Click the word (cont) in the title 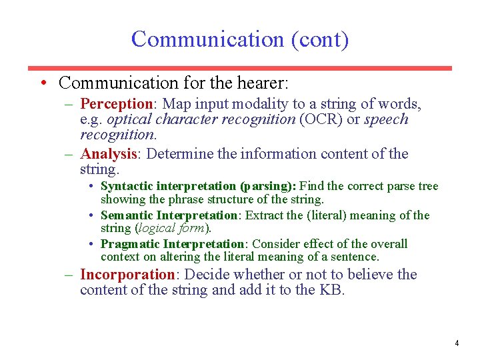pyautogui.click(x=319, y=39)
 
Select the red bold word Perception pyautogui.click(x=117, y=104)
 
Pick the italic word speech pyautogui.click(x=386, y=119)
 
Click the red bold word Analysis pyautogui.click(x=108, y=154)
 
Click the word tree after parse pyautogui.click(x=427, y=186)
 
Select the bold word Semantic pyautogui.click(x=127, y=215)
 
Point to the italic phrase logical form pyautogui.click(x=173, y=228)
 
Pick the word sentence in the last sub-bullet pyautogui.click(x=355, y=257)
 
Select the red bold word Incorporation pyautogui.click(x=127, y=275)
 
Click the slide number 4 pyautogui.click(x=456, y=343)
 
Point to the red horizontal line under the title pyautogui.click(x=239, y=68)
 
